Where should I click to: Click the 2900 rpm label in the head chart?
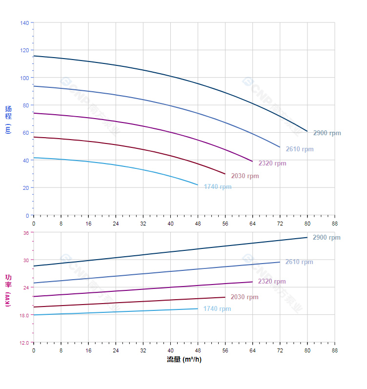[x=327, y=133]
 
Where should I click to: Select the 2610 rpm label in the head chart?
[x=300, y=149]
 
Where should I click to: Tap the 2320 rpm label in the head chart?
[x=272, y=164]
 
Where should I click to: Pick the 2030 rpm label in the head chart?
[x=245, y=176]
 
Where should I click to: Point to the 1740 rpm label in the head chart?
[x=218, y=187]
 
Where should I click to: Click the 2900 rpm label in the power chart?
[x=326, y=238]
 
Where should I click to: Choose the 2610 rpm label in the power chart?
[x=299, y=262]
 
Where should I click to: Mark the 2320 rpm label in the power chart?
[x=272, y=282]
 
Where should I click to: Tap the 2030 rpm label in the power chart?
[x=245, y=297]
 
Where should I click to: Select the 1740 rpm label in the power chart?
[x=217, y=309]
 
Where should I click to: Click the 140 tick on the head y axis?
[x=24, y=23]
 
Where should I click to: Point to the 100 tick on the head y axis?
[x=24, y=78]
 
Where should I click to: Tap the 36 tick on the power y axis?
[x=26, y=233]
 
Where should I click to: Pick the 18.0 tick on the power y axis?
[x=24, y=315]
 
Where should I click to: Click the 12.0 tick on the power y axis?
[x=24, y=343]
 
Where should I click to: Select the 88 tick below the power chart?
[x=335, y=350]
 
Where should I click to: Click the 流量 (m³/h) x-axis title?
[x=184, y=360]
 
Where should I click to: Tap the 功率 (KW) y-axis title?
[x=8, y=290]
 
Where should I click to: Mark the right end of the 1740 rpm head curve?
[x=198, y=185]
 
